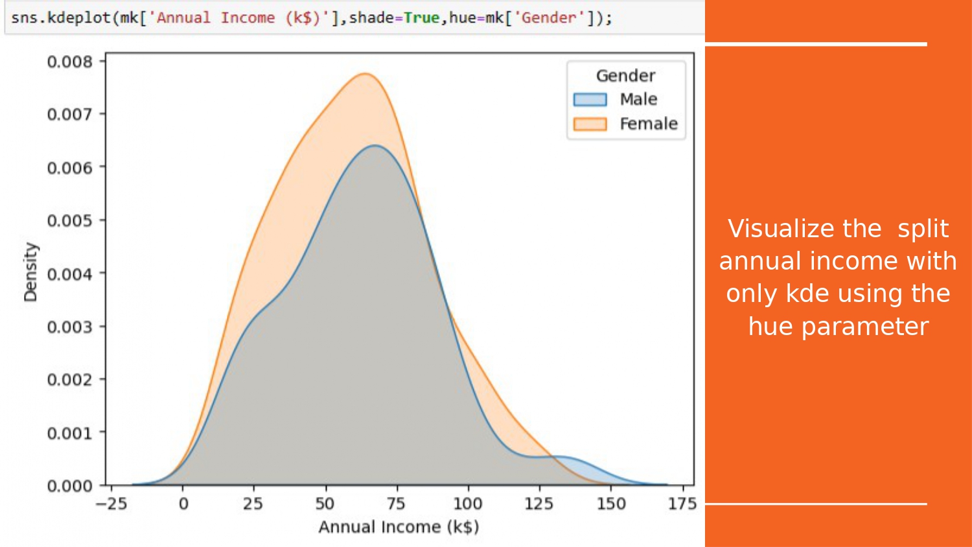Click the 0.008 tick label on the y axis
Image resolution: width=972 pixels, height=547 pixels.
[69, 62]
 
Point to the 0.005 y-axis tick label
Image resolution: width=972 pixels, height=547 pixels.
[69, 220]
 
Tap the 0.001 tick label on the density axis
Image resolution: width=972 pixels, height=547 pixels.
[69, 433]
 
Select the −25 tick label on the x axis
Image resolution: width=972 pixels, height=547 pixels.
[111, 504]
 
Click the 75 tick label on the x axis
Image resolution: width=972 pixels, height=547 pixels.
[396, 504]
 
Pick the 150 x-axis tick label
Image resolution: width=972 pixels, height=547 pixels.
[610, 504]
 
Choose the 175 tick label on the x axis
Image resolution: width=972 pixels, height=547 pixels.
[682, 504]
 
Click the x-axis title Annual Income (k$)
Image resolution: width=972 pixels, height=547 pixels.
[399, 527]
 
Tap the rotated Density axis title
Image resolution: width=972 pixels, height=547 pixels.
[31, 272]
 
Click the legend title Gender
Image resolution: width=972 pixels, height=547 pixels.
[625, 76]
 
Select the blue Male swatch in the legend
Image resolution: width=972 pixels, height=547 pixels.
[590, 99]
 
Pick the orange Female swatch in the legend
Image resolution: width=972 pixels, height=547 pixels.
[590, 124]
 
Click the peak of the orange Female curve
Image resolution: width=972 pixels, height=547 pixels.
[365, 74]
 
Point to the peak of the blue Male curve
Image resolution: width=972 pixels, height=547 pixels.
[375, 145]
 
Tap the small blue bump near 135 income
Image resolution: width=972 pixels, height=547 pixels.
[564, 457]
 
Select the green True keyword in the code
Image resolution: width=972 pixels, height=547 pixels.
[421, 17]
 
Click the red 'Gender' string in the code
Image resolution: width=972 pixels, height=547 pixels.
[550, 17]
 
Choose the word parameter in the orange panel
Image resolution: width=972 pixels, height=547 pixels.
[864, 327]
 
